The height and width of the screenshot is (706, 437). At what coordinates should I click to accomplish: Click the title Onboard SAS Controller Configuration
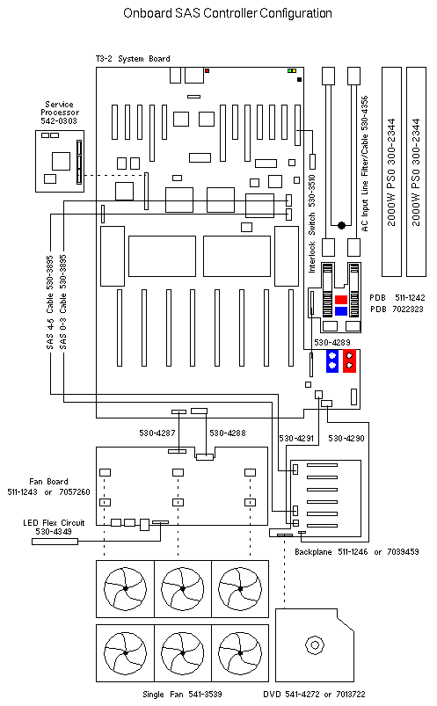click(228, 13)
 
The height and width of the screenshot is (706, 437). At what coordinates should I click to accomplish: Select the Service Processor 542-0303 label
click(60, 113)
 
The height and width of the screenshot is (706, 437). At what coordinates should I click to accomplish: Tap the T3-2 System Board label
click(133, 59)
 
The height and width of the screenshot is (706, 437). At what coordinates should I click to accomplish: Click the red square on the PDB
click(341, 300)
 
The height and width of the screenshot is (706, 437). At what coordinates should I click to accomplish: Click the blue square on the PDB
click(341, 310)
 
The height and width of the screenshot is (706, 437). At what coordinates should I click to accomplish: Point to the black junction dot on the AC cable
click(341, 225)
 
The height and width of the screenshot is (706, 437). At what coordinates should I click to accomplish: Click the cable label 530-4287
click(157, 433)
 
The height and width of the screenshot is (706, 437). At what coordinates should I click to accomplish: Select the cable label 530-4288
click(228, 433)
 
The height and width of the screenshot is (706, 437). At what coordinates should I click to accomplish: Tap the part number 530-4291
click(296, 438)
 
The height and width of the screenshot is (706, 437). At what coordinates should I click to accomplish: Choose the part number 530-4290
click(346, 438)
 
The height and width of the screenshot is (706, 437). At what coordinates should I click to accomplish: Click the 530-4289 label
click(332, 342)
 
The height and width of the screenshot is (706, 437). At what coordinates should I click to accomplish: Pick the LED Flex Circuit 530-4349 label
click(54, 527)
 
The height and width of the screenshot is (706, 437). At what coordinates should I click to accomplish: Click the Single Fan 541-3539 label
click(182, 695)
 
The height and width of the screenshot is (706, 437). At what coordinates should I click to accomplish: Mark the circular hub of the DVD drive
click(315, 644)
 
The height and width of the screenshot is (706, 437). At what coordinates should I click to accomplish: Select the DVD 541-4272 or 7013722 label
click(314, 695)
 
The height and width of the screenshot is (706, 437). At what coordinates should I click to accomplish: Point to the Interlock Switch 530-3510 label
click(311, 224)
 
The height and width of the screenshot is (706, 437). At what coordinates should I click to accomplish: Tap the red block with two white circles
click(350, 360)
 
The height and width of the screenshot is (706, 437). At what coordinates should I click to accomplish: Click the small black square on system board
click(299, 80)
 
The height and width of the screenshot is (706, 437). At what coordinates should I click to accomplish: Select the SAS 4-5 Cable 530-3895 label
click(49, 302)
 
